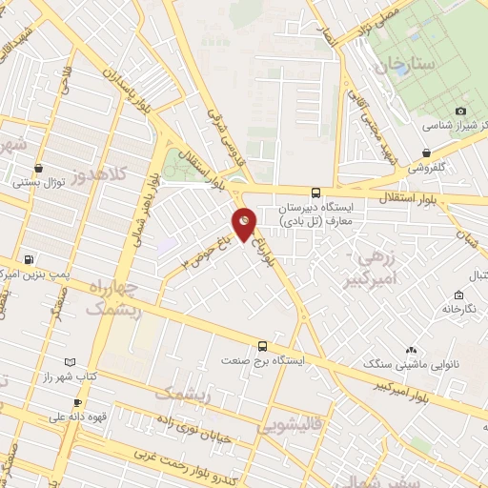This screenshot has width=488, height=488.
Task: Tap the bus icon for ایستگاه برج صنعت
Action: [x=263, y=346]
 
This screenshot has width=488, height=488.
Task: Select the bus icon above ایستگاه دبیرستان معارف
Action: [x=316, y=192]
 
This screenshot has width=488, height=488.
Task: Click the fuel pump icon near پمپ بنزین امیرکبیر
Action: [x=29, y=259]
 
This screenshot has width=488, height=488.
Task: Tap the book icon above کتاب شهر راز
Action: [x=69, y=362]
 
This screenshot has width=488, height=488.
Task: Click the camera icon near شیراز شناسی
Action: [x=462, y=111]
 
